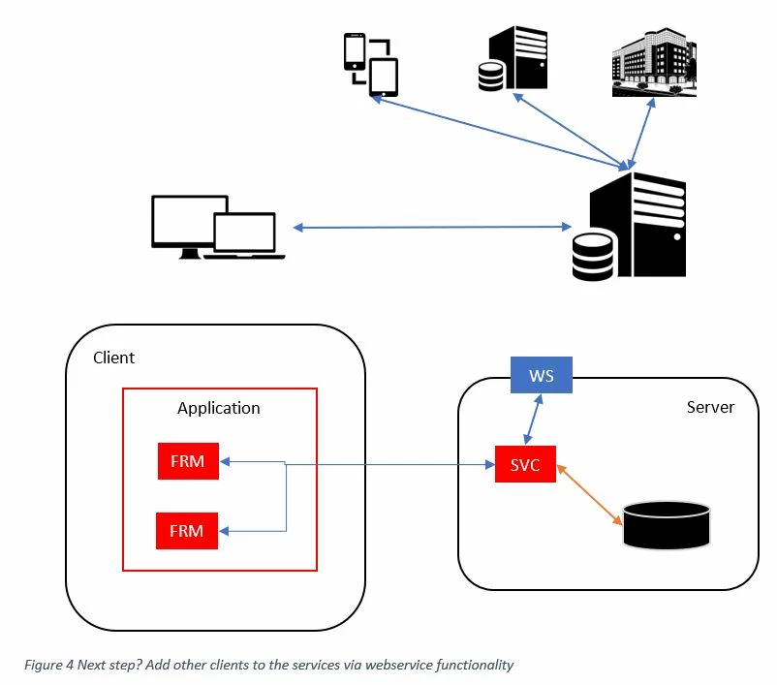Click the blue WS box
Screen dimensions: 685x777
[542, 375]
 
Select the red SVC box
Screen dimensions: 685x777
[524, 465]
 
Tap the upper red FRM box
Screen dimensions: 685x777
[188, 461]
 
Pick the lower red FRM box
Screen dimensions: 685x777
[188, 531]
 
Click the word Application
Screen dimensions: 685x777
[219, 408]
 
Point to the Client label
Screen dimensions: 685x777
[113, 358]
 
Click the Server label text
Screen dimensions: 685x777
[710, 407]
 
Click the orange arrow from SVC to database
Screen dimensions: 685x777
[588, 496]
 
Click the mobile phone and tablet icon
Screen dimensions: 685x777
[371, 64]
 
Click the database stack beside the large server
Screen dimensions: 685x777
[593, 256]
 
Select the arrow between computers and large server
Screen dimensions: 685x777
[432, 228]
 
